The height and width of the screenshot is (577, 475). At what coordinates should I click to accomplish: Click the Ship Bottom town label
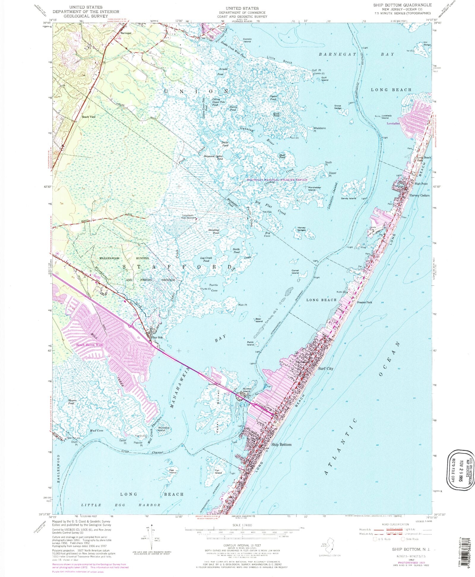point(281,444)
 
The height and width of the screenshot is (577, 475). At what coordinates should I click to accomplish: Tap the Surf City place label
point(326,368)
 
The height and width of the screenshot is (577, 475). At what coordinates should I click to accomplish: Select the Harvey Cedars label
point(419,196)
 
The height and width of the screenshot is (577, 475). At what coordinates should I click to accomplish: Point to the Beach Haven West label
point(90,345)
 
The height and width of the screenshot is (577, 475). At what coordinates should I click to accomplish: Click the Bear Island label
point(259,320)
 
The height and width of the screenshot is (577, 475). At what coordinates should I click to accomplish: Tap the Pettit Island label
point(250,343)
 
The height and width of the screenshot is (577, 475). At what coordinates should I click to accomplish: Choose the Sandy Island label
point(348,198)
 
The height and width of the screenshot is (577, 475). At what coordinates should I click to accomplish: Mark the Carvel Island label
point(295,272)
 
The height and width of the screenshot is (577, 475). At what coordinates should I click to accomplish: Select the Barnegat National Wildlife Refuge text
point(277,180)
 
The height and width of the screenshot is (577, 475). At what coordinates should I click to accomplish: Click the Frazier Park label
point(365,302)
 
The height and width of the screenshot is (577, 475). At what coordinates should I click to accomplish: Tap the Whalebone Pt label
point(319,129)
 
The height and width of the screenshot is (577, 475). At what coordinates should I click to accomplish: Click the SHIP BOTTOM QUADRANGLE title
point(402,5)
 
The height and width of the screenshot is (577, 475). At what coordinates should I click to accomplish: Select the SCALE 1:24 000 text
point(243,525)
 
